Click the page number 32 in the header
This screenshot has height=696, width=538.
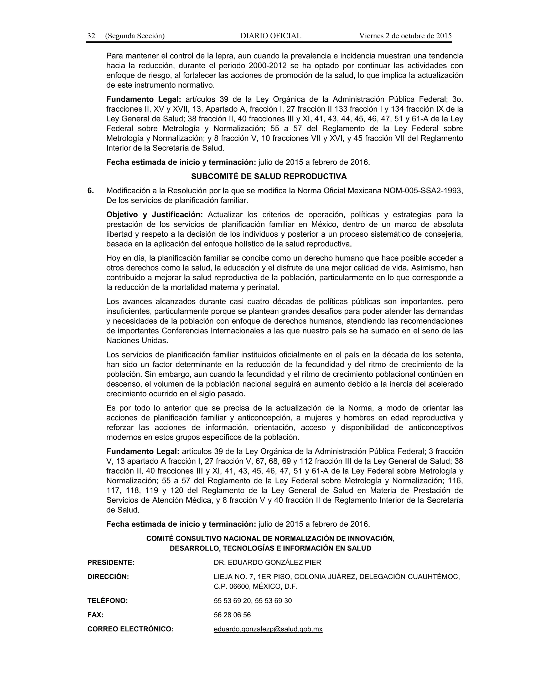91,36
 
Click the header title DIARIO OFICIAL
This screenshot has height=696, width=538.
271,36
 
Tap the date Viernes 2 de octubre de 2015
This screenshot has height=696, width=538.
405,36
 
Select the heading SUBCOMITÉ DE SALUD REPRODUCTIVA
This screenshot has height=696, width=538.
269,176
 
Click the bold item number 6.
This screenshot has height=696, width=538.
91,191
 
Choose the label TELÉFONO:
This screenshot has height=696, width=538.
107,601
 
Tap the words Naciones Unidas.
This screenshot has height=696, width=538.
137,340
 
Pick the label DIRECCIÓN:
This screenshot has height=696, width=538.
108,576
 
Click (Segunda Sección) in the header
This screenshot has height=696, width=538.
135,36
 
